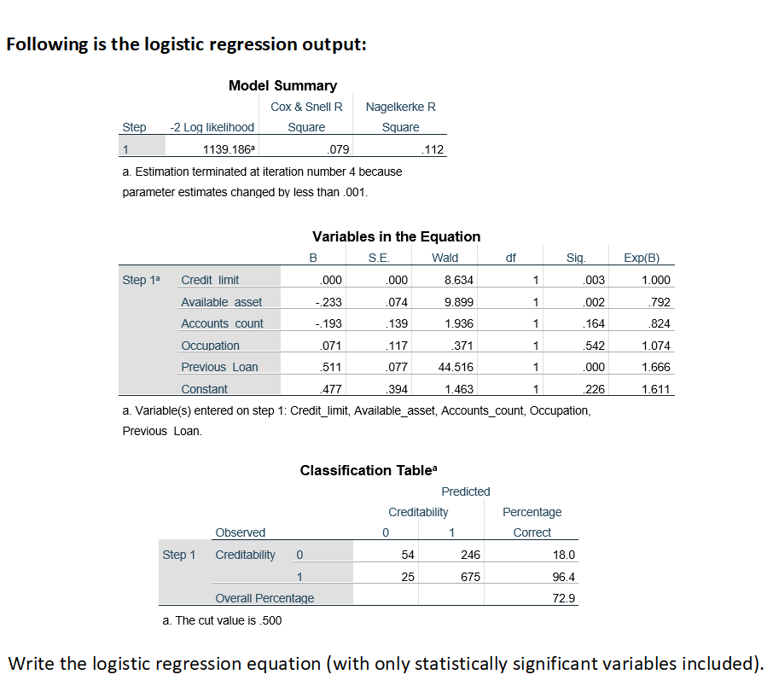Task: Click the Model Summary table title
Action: coord(282,85)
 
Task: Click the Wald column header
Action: coord(445,258)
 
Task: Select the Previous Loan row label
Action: coord(219,367)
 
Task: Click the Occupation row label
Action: coord(210,346)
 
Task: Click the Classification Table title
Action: coord(369,470)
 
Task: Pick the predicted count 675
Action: coord(470,577)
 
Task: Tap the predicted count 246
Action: coord(470,555)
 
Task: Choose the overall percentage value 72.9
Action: coord(565,598)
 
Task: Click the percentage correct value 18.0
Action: coord(565,555)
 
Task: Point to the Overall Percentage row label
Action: coord(264,598)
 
